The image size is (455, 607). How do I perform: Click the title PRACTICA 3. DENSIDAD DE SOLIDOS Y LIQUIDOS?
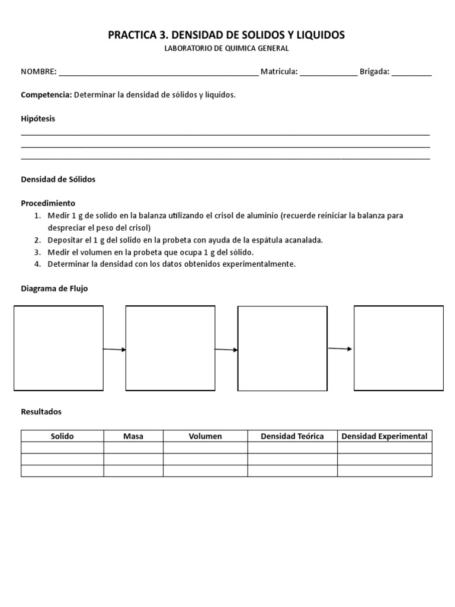click(x=226, y=36)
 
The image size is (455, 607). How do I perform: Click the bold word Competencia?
click(x=46, y=95)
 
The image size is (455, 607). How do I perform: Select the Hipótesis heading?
click(x=38, y=119)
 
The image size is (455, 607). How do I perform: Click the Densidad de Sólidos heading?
click(x=58, y=179)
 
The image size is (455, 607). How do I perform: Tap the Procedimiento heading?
click(x=48, y=203)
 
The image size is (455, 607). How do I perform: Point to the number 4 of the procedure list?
click(x=37, y=264)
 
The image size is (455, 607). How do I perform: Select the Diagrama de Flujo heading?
click(x=54, y=288)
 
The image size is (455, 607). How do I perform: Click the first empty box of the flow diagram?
click(x=59, y=348)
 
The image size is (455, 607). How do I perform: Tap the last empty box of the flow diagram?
click(x=399, y=348)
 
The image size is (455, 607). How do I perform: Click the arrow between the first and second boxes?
click(x=114, y=350)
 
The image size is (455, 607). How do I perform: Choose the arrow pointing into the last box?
click(x=340, y=349)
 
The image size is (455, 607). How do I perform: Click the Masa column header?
click(x=133, y=436)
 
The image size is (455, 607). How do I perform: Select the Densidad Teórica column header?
click(x=292, y=436)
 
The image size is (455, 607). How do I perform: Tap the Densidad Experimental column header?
click(x=384, y=436)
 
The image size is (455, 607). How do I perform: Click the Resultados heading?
click(x=41, y=411)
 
